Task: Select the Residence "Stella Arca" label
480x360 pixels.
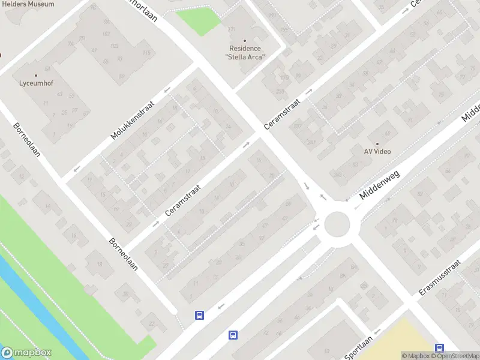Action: [245, 52]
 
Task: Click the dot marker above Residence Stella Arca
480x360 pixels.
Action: [245, 41]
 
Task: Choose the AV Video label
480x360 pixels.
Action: [377, 151]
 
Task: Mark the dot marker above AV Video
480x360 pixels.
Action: [377, 143]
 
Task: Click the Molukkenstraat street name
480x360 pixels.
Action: [133, 120]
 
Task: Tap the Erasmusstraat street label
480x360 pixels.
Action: [440, 277]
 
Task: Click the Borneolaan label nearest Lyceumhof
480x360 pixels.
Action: [26, 140]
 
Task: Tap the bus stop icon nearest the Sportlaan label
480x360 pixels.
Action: [440, 348]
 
